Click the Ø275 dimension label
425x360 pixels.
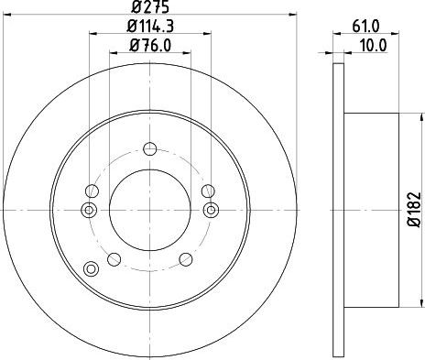click(150, 6)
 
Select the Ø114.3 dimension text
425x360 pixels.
click(150, 27)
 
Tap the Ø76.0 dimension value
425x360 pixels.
click(150, 46)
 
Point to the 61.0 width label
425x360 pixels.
click(365, 27)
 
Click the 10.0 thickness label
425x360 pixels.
click(373, 46)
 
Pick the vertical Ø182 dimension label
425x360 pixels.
click(414, 210)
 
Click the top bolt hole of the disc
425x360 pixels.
click(150, 149)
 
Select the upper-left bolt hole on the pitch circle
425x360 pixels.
click(92, 191)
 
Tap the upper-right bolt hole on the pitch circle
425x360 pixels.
click(208, 191)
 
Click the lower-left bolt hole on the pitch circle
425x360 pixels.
click(114, 259)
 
